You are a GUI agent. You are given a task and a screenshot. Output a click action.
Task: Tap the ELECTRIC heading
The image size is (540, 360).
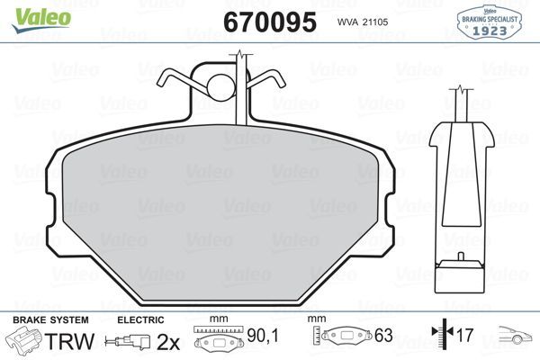click(139, 320)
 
